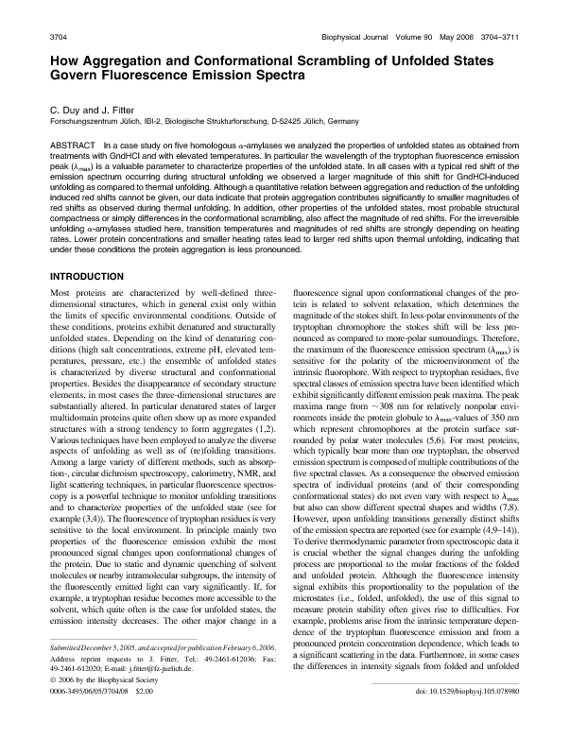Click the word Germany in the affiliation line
(338, 122)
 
